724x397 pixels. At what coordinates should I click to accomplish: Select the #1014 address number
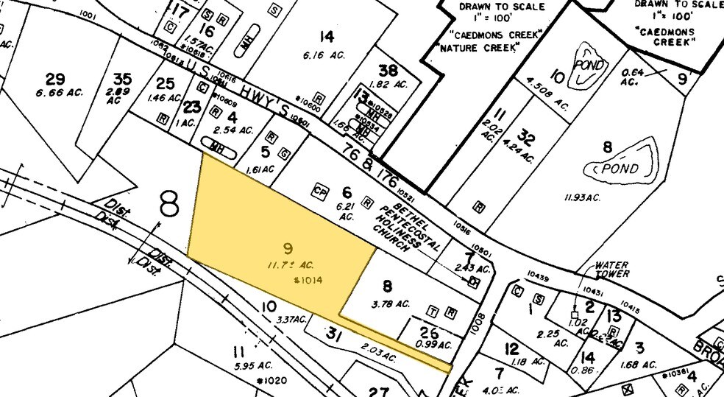coord(308,279)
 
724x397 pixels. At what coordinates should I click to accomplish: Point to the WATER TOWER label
coord(612,269)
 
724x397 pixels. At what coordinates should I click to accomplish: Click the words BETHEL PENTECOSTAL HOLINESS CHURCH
coord(409,220)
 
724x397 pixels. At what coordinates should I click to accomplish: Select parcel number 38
coord(387,71)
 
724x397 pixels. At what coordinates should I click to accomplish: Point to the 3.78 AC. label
coord(391,303)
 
